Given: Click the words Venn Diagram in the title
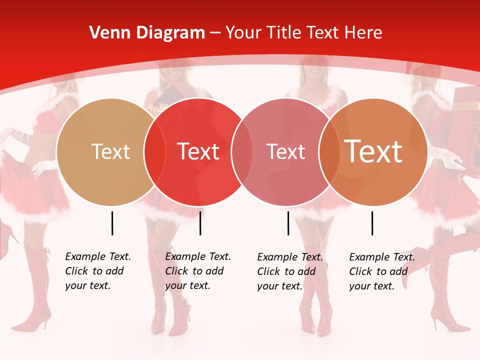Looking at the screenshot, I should [x=147, y=33].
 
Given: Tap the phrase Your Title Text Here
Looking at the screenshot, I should [x=303, y=33].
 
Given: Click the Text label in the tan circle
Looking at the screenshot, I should [x=110, y=151].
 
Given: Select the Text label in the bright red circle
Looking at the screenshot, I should [x=198, y=151].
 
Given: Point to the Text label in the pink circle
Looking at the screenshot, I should [x=285, y=151].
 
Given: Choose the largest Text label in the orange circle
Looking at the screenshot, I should [x=373, y=151].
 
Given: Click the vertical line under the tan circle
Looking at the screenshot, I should [x=112, y=223].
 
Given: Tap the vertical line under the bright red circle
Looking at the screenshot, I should [x=200, y=223].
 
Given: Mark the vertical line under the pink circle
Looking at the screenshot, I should [x=288, y=223].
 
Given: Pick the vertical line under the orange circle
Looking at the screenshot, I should [x=372, y=223].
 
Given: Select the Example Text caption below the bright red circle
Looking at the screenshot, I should [x=198, y=271].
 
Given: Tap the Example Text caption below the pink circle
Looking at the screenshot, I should [x=290, y=271].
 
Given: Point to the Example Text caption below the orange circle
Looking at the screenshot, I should [x=382, y=271].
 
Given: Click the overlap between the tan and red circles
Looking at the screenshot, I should [x=155, y=152].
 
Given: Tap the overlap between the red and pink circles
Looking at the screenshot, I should [x=242, y=152].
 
